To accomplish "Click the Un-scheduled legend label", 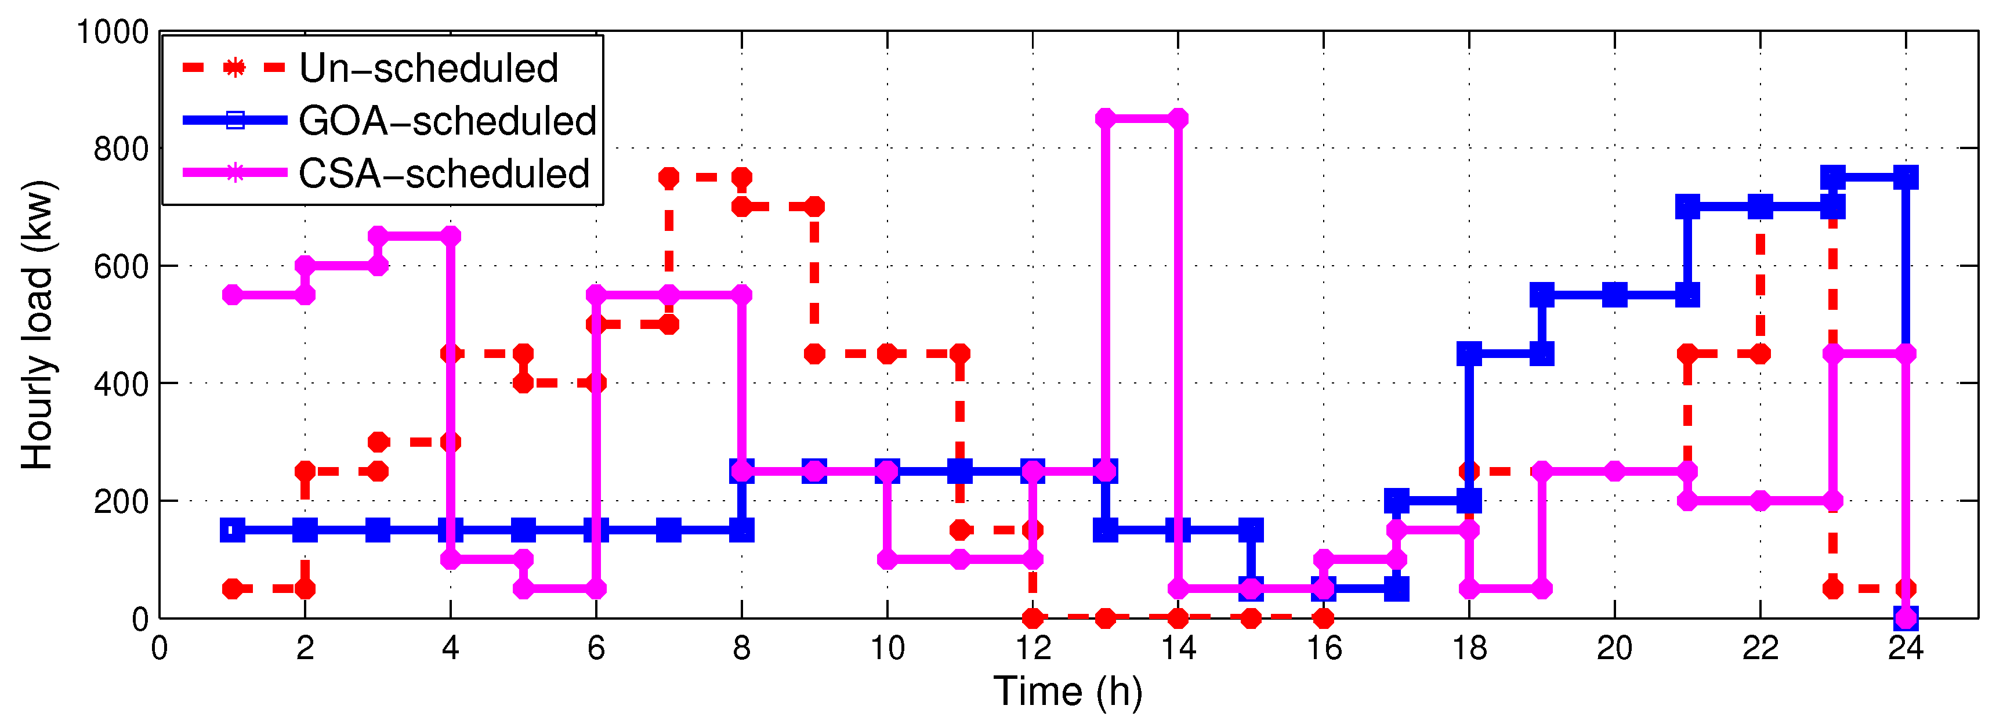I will click(429, 68).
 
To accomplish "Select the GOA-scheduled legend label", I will click(447, 121).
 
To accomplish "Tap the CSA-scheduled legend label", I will click(444, 173).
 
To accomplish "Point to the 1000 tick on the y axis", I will click(113, 32).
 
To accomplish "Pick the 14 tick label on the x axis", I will click(1178, 648).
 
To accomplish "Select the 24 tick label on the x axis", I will click(1906, 648).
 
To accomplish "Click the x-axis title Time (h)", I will click(1068, 692).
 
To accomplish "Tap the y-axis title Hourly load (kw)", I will click(37, 325).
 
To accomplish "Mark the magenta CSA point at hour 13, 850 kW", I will click(1106, 118).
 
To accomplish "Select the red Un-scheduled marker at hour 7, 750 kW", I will click(669, 178).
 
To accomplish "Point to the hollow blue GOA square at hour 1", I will click(233, 530).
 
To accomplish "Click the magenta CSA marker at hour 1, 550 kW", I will click(233, 295).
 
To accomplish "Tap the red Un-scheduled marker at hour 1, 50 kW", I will click(233, 589).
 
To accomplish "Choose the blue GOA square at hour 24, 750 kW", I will click(1906, 178).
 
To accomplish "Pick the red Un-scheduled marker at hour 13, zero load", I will click(1106, 618).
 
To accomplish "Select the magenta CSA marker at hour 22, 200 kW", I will click(1760, 501).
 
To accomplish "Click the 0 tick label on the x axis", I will click(160, 648).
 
